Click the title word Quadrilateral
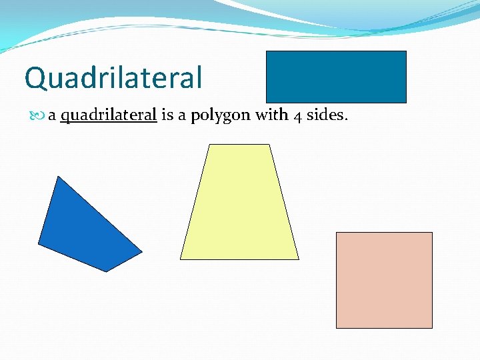(x=113, y=78)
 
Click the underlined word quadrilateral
(x=108, y=115)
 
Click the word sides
(x=327, y=115)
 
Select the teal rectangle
(x=336, y=77)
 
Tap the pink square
(x=384, y=280)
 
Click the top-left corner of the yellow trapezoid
(x=209, y=145)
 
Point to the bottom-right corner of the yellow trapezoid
(x=299, y=259)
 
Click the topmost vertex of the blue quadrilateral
(x=59, y=177)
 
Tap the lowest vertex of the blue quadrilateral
(x=107, y=271)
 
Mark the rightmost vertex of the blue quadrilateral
(x=142, y=252)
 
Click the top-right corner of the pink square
(x=432, y=233)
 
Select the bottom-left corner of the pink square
(x=336, y=328)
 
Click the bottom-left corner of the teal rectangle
(x=267, y=103)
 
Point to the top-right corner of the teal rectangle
(x=406, y=51)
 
